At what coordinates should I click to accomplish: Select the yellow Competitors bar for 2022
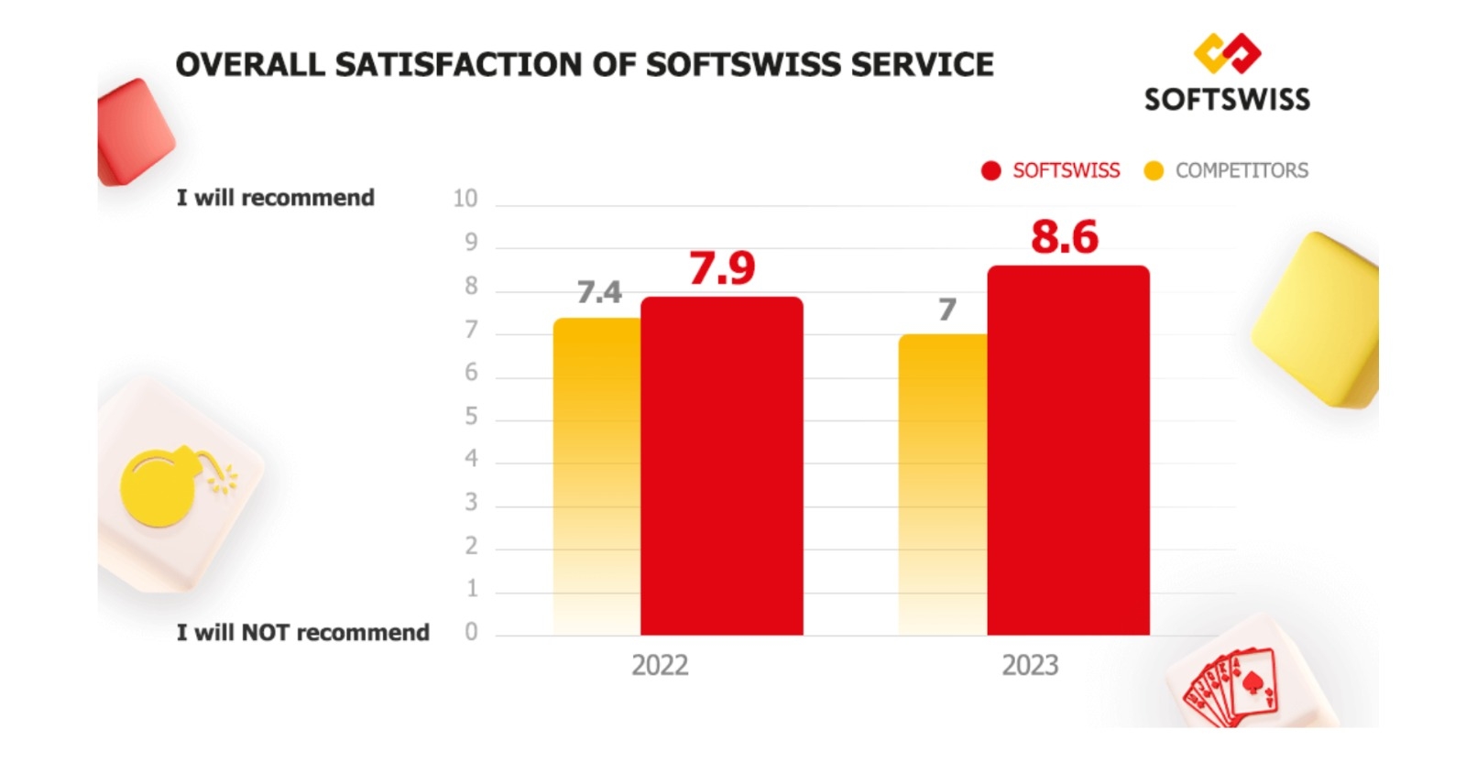pos(596,476)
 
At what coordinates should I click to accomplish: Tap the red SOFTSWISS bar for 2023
pos(1067,450)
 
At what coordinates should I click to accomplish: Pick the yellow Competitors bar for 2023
pos(943,484)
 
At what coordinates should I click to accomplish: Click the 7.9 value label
pos(722,268)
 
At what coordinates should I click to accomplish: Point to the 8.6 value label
pos(1064,237)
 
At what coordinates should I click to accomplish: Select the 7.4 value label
pos(599,292)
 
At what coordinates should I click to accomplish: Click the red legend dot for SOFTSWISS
pos(990,171)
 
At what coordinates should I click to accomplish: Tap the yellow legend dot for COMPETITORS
pos(1154,171)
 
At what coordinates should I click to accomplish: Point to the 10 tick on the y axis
pos(465,199)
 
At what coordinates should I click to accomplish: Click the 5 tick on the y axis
pos(471,417)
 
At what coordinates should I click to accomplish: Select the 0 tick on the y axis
pos(471,632)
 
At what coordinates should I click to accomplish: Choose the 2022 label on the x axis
pos(660,665)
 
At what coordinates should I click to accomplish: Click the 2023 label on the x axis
pos(1030,665)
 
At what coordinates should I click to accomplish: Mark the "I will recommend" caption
pos(275,198)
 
